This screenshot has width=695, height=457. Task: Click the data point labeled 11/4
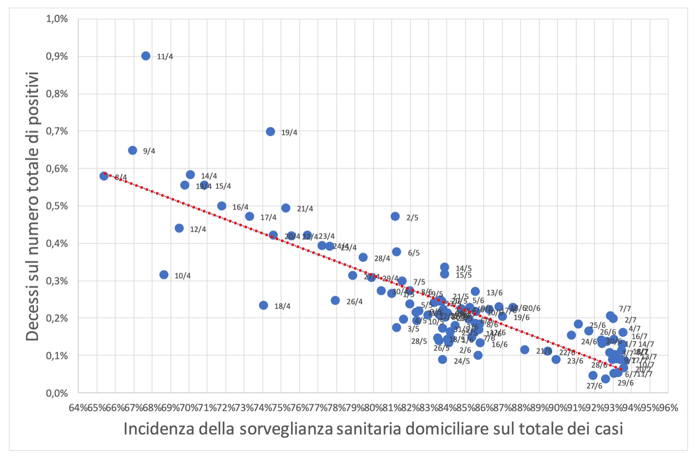pyautogui.click(x=146, y=56)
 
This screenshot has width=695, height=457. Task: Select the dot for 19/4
pyautogui.click(x=271, y=132)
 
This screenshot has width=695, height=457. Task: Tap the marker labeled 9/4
pyautogui.click(x=132, y=151)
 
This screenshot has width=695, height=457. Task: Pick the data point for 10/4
pyautogui.click(x=164, y=275)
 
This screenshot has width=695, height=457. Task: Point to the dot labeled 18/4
pyautogui.click(x=263, y=305)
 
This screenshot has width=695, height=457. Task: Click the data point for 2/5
pyautogui.click(x=395, y=216)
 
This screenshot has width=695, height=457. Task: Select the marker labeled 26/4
pyautogui.click(x=335, y=300)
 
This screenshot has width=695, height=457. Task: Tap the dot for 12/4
pyautogui.click(x=179, y=228)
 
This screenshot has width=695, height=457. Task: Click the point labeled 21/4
pyautogui.click(x=286, y=208)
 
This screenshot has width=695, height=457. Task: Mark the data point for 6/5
pyautogui.click(x=397, y=252)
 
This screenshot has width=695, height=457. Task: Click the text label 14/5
pyautogui.click(x=463, y=269)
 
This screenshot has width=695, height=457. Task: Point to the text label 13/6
pyautogui.click(x=494, y=293)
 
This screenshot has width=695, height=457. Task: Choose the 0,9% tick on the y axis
pyautogui.click(x=57, y=56)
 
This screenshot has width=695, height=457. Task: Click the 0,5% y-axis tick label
pyautogui.click(x=57, y=206)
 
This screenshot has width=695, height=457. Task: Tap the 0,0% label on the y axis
pyautogui.click(x=57, y=393)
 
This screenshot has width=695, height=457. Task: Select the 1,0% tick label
pyautogui.click(x=57, y=19)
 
